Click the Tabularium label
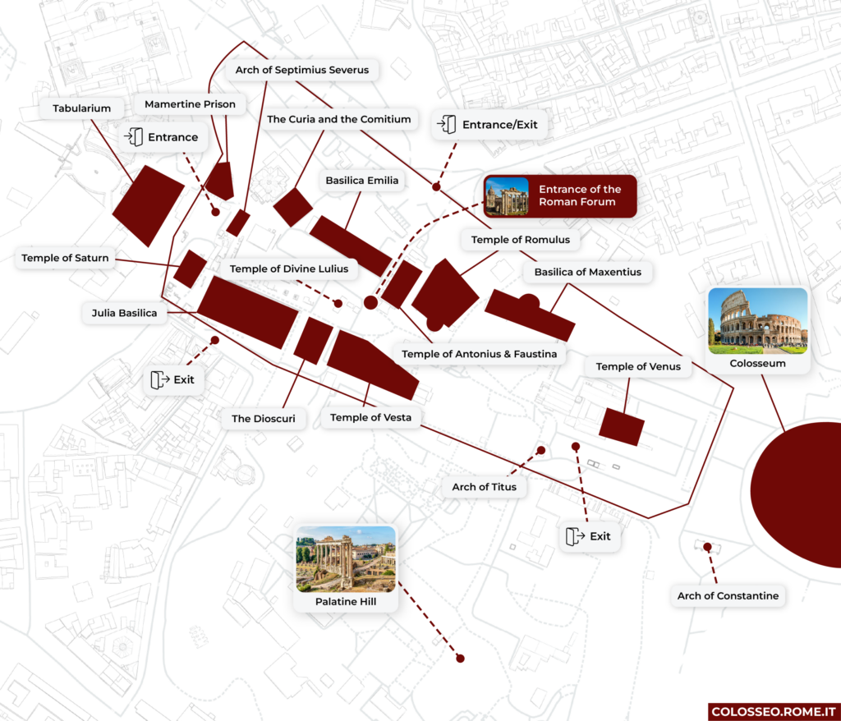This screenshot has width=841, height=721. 81,108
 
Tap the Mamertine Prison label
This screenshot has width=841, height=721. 190,104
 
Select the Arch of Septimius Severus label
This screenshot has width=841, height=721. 301,70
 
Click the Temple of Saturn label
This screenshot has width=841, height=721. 65,258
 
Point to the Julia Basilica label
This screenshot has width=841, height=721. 125,313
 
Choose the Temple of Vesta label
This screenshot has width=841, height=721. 370,418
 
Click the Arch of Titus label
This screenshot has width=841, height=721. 484,487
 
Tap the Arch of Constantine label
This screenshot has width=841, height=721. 728,595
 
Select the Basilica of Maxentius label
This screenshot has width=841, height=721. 587,272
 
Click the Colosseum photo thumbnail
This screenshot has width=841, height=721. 757,321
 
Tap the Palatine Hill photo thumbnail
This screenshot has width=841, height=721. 346,559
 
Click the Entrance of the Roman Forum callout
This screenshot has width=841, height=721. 560,196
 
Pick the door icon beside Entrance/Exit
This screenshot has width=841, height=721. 447,125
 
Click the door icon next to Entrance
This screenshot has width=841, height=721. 134,137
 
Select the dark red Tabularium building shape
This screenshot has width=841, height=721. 148,204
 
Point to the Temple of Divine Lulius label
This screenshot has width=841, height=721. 288,269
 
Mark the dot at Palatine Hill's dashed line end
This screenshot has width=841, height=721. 460,658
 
